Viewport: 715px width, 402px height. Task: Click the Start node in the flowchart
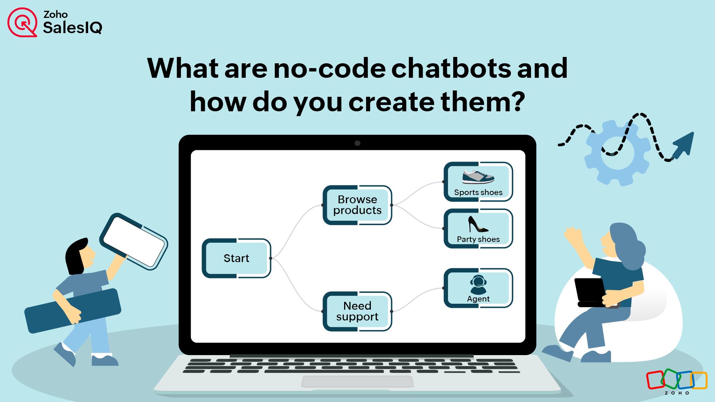click(236, 258)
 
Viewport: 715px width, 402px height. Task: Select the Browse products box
click(357, 205)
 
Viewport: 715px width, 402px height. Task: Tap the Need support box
click(357, 311)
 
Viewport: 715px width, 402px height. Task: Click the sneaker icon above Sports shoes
click(478, 177)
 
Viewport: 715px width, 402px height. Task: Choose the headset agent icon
click(478, 285)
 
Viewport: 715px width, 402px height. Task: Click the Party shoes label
click(478, 239)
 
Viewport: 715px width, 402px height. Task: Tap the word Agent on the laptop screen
click(478, 299)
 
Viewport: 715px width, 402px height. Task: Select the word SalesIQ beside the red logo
click(73, 28)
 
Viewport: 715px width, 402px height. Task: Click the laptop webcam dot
click(357, 143)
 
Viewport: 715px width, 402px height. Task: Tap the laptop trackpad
click(357, 382)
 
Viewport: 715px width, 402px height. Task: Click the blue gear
click(617, 153)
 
